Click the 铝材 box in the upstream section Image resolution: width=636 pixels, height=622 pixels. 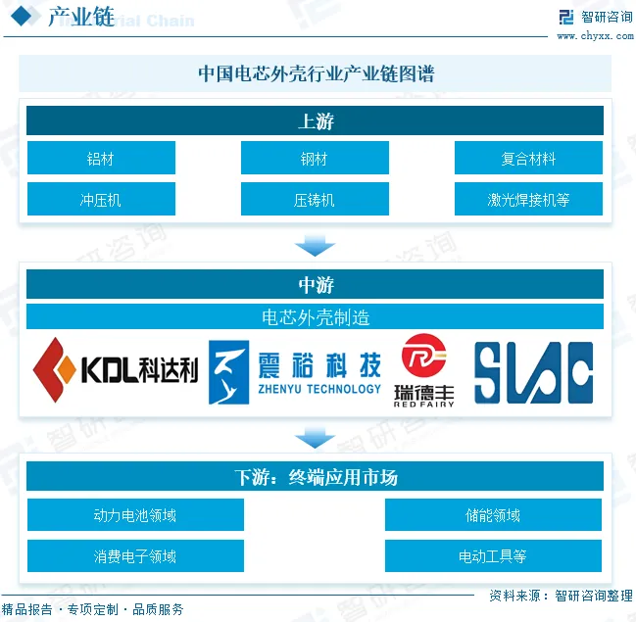pyautogui.click(x=101, y=159)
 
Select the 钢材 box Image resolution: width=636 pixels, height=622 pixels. pyautogui.click(x=315, y=159)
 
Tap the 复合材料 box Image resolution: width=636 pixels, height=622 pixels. pyautogui.click(x=528, y=159)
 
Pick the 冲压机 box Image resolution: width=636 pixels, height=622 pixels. pyautogui.click(x=101, y=200)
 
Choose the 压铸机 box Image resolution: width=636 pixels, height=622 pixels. pyautogui.click(x=315, y=200)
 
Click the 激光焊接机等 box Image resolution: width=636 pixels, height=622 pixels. pyautogui.click(x=528, y=200)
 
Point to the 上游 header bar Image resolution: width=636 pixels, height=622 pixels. pyautogui.click(x=316, y=121)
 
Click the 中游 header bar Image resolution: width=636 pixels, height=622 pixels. pyautogui.click(x=316, y=285)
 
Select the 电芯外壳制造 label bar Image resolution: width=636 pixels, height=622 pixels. pyautogui.click(x=316, y=316)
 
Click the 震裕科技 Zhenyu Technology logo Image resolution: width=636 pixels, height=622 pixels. pyautogui.click(x=295, y=372)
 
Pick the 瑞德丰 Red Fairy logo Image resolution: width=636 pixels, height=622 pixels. pyautogui.click(x=424, y=369)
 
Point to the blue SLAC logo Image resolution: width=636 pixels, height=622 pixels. pyautogui.click(x=534, y=373)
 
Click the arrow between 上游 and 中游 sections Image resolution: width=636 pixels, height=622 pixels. pyautogui.click(x=316, y=244)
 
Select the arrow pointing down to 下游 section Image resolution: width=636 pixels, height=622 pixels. pyautogui.click(x=316, y=437)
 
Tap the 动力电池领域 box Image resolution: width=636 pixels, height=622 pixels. pyautogui.click(x=135, y=515)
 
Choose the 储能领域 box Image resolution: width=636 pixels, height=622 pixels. pyautogui.click(x=493, y=515)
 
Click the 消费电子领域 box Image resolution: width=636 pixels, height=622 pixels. pyautogui.click(x=135, y=556)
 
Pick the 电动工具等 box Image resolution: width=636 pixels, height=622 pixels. pyautogui.click(x=493, y=556)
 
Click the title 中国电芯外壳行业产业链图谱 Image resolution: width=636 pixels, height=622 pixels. pyautogui.click(x=316, y=73)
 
